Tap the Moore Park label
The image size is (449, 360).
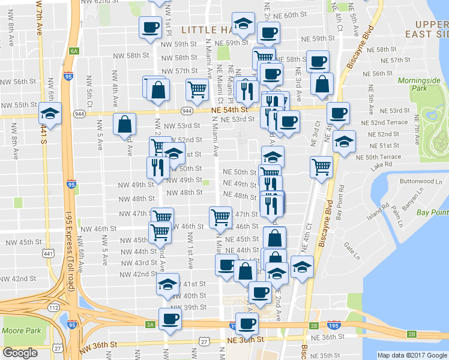[x=20, y=331]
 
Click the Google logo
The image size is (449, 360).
[x=20, y=353]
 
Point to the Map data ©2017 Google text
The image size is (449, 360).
[x=412, y=355]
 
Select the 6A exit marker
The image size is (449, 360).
[x=74, y=51]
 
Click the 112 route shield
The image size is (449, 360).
[x=53, y=308]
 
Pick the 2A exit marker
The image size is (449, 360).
[x=149, y=325]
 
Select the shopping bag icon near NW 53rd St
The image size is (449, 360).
[x=124, y=125]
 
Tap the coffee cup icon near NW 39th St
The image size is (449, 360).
[x=169, y=319]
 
